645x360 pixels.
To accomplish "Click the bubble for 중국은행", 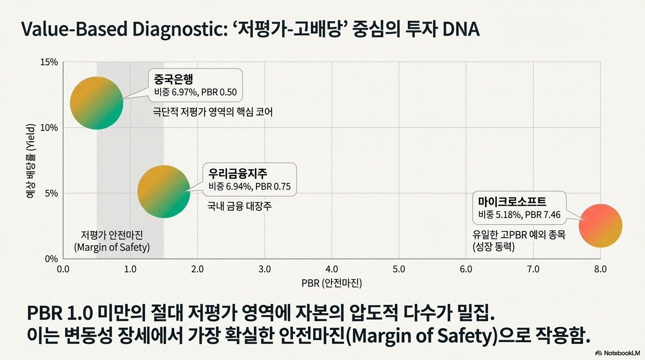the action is click(97, 103).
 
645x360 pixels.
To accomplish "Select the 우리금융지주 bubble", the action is click(164, 192).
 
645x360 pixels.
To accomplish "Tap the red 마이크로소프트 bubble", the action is click(600, 225).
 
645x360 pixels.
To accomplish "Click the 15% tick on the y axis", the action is click(49, 62).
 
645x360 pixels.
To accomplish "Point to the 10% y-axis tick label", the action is click(49, 127).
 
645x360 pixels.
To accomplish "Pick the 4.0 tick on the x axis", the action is click(332, 269).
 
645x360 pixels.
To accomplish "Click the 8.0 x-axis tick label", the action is click(600, 269).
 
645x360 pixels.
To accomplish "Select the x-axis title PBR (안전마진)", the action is click(332, 283).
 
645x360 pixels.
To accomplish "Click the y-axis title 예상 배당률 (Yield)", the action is click(30, 161).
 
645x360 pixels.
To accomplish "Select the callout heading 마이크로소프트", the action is click(512, 201).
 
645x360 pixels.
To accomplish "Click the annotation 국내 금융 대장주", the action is click(239, 206).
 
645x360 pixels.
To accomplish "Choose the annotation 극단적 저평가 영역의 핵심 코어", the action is click(212, 112).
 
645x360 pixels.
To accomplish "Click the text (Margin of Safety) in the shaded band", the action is click(112, 247).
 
